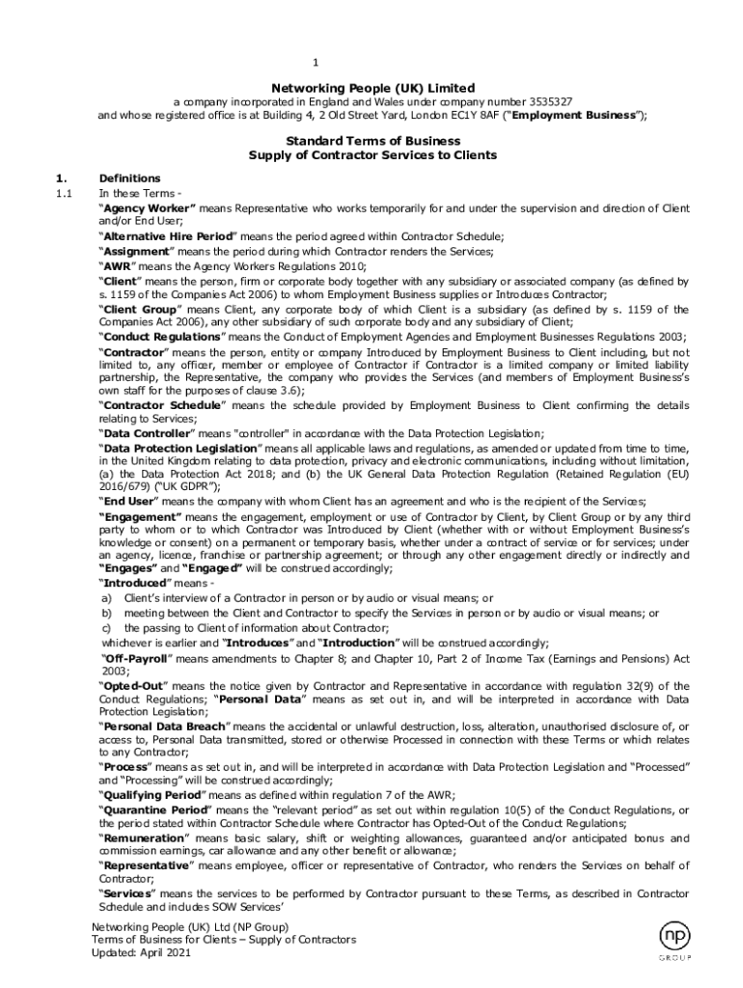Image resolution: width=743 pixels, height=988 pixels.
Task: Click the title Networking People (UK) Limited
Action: (x=372, y=87)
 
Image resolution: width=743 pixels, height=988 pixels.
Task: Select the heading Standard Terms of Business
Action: (x=372, y=141)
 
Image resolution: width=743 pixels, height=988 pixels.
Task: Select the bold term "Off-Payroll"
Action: (x=137, y=657)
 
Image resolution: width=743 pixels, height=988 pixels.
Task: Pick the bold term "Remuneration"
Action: (x=144, y=838)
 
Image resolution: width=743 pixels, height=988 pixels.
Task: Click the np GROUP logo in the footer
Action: (x=675, y=943)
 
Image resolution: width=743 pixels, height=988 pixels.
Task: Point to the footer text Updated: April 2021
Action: (x=142, y=952)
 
